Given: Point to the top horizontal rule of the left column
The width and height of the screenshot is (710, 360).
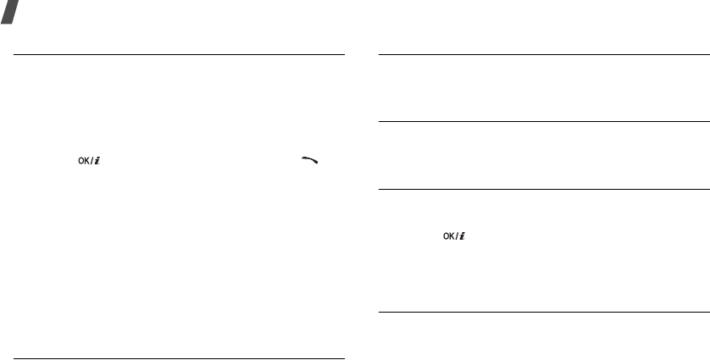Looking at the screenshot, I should pos(179,56).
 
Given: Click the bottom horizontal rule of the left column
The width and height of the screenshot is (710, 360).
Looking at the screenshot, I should pos(179,358).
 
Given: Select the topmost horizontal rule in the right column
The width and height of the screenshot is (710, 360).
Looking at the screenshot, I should pos(543,56).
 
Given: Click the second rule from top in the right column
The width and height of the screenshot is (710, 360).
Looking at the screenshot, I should pos(543,121).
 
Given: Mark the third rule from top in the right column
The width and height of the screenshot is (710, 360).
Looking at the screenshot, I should pos(543,189).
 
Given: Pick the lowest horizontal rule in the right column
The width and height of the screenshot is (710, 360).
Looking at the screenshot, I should pos(543,314).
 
